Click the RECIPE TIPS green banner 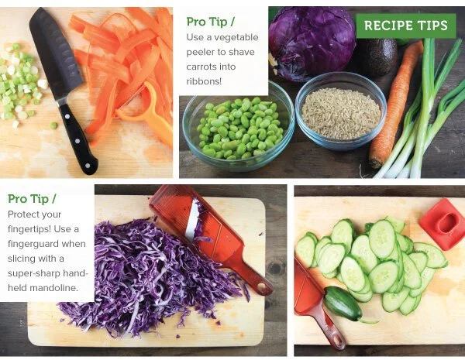tap(405, 26)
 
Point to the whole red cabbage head tap(312, 43)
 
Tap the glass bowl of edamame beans tap(238, 128)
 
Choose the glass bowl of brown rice tap(341, 111)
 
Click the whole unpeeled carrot tap(396, 104)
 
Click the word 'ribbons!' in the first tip tap(204, 81)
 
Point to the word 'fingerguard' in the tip tap(46, 244)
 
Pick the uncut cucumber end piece tap(343, 303)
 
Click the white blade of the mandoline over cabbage tap(192, 220)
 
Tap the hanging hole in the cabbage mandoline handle tap(262, 286)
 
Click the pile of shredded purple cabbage tap(151, 276)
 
